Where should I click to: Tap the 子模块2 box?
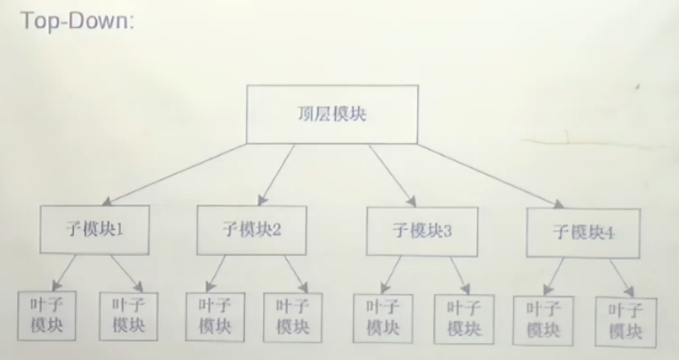point(252,228)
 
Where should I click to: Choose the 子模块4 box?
point(583,232)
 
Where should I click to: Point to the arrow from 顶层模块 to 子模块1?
point(178,174)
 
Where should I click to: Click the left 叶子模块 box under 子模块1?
point(46,315)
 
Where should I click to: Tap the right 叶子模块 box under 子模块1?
point(128,316)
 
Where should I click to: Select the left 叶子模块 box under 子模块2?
point(211,315)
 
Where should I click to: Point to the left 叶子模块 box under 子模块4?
point(543,320)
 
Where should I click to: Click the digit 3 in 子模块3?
point(447,230)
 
